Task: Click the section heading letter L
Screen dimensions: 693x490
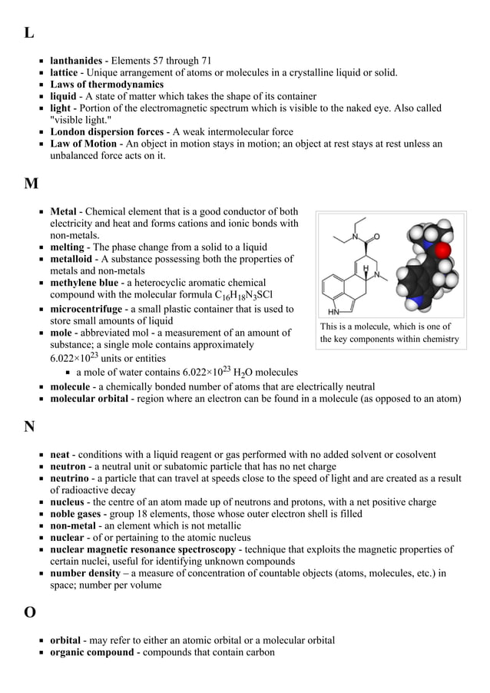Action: pyautogui.click(x=28, y=33)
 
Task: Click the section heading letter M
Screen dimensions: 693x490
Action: pyautogui.click(x=31, y=184)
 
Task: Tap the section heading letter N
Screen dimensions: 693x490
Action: pyautogui.click(x=30, y=427)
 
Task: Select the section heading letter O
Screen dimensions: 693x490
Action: pyautogui.click(x=30, y=612)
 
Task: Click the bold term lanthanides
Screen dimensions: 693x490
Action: pyautogui.click(x=76, y=61)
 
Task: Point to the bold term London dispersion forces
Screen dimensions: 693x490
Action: pyautogui.click(x=107, y=131)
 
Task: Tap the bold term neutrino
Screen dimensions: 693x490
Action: pyautogui.click(x=71, y=479)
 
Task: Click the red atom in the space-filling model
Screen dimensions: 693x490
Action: pyautogui.click(x=443, y=250)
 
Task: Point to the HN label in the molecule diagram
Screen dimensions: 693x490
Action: pyautogui.click(x=335, y=313)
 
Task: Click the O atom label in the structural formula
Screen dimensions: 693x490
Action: pyautogui.click(x=376, y=236)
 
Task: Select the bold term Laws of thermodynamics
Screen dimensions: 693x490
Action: pyautogui.click(x=107, y=85)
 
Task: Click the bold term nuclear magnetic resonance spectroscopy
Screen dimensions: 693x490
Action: pyautogui.click(x=143, y=549)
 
